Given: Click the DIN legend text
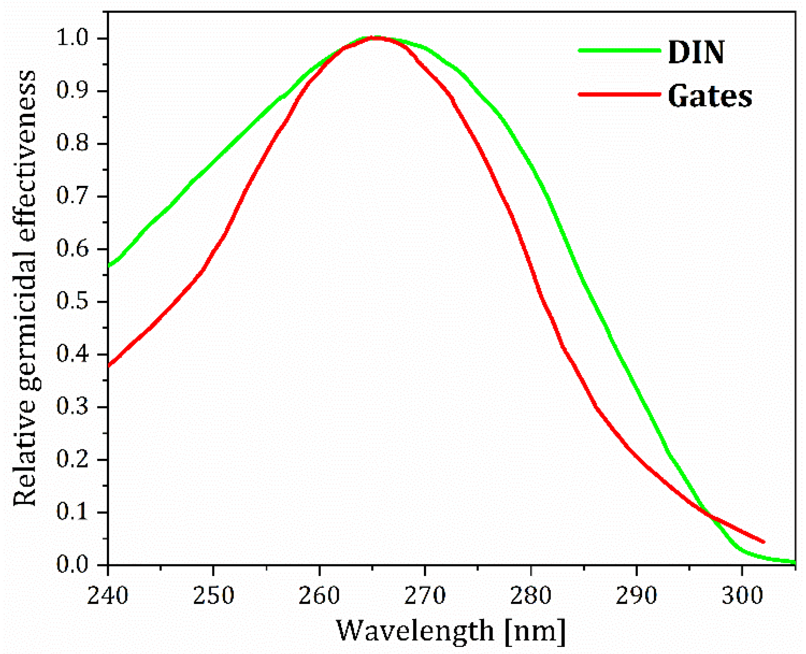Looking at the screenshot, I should [696, 52].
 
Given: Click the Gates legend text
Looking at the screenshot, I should [710, 96].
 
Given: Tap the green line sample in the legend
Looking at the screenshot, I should [619, 50].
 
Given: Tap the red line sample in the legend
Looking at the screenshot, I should [619, 94].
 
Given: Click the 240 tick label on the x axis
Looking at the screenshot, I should [108, 596].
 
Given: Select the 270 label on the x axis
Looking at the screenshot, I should [425, 596].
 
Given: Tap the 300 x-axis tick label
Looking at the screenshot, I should [742, 596].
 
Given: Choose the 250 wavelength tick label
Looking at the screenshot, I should [213, 596].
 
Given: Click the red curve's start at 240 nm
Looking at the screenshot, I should [109, 366].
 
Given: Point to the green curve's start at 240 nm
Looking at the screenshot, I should [109, 266].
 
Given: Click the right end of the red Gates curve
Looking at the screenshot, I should [763, 542].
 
